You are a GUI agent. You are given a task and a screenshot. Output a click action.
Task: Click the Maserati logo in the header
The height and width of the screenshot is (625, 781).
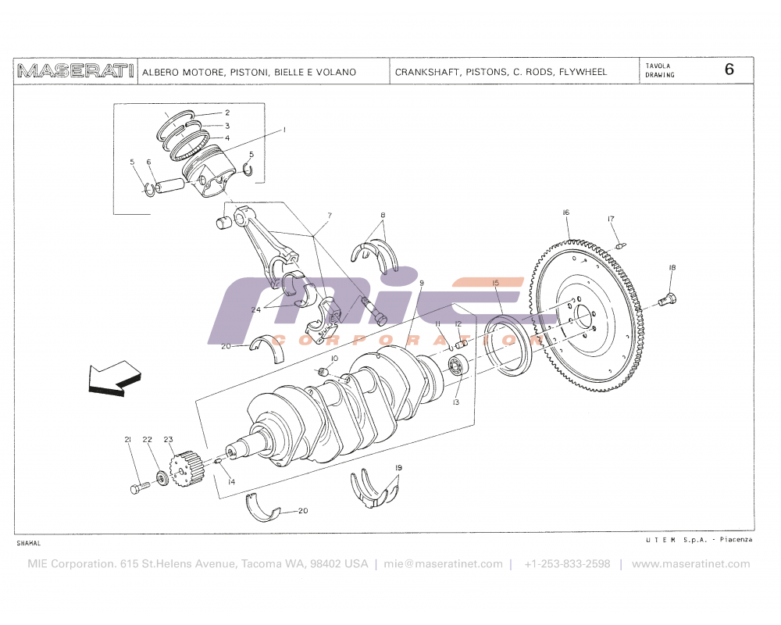point(76,71)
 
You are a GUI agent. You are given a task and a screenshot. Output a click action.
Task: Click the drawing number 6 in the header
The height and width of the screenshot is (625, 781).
point(729,69)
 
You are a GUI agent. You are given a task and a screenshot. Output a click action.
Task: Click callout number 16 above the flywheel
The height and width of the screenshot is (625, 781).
point(565,212)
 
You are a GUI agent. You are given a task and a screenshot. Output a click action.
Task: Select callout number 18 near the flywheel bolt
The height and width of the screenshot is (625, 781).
point(671,268)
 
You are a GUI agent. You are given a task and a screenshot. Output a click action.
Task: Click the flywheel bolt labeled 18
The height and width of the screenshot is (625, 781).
point(668,298)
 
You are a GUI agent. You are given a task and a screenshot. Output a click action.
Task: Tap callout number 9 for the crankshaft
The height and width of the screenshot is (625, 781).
point(421,283)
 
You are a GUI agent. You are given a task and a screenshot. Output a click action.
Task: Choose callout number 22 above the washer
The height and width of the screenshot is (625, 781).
point(147,440)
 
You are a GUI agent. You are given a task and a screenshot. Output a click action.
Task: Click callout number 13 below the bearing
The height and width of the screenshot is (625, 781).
point(455,402)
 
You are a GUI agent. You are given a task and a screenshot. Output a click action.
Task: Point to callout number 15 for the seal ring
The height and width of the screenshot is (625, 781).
point(495,283)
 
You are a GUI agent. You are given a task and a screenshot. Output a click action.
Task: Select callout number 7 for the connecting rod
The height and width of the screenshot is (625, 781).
point(330,215)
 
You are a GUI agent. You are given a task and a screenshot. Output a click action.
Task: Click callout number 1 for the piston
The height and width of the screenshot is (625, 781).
point(284,129)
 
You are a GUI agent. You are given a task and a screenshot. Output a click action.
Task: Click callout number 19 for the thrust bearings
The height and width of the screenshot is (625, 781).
point(398,468)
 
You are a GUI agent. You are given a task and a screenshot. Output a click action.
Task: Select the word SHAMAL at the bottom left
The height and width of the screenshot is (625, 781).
point(27,542)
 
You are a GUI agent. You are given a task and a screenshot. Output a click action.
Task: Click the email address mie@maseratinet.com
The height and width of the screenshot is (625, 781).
point(443,564)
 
